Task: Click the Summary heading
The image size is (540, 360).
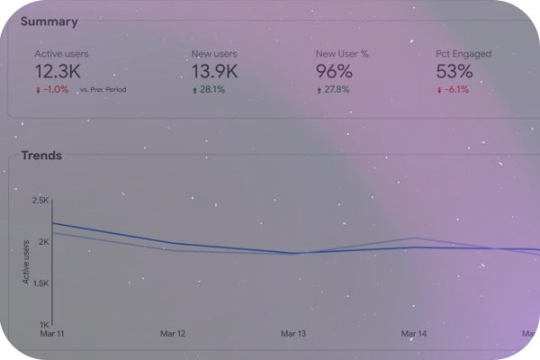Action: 49,22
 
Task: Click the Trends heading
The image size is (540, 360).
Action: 41,156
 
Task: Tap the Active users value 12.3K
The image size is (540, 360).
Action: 58,71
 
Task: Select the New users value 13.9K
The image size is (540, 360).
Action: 214,71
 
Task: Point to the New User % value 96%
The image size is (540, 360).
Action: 334,71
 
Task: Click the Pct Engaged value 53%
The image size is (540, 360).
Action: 454,71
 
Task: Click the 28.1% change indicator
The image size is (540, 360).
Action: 210,90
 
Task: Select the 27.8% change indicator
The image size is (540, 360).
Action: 334,90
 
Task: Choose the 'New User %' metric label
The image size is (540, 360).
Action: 342,54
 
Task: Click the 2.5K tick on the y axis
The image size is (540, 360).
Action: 40,201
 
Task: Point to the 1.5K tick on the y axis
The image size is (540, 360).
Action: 40,283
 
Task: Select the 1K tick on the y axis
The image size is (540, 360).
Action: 43,324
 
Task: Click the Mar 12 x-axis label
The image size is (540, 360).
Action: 173,334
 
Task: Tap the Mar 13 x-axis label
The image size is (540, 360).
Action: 293,334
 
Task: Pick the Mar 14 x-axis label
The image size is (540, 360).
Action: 414,334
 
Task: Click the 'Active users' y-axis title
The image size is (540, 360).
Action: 26,262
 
